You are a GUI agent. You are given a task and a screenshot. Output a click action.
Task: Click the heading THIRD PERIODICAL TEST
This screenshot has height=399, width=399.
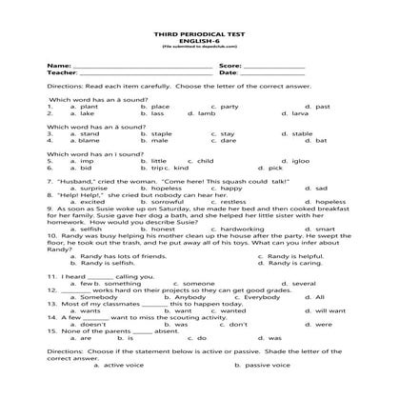199,33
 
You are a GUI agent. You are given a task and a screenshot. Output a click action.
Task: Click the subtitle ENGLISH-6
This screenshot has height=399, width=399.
199,39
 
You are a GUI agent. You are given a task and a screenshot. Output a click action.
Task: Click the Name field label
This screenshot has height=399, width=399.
55,66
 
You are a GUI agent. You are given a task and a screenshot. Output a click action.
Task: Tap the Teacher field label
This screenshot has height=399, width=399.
59,72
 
